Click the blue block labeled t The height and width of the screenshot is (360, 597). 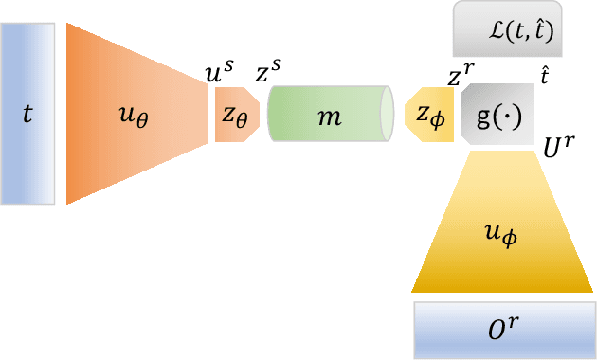point(28,114)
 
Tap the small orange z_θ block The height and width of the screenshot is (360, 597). point(236,115)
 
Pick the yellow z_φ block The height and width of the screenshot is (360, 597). point(429,115)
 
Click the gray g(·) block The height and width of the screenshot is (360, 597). point(497,115)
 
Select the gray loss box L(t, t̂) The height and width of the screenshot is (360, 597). point(510,29)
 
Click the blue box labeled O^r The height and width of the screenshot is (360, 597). point(504,329)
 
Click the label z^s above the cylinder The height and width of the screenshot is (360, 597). point(268,71)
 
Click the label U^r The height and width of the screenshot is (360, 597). point(556,147)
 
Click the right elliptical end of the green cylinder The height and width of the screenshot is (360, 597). point(387,115)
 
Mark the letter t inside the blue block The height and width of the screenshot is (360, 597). point(27,115)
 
